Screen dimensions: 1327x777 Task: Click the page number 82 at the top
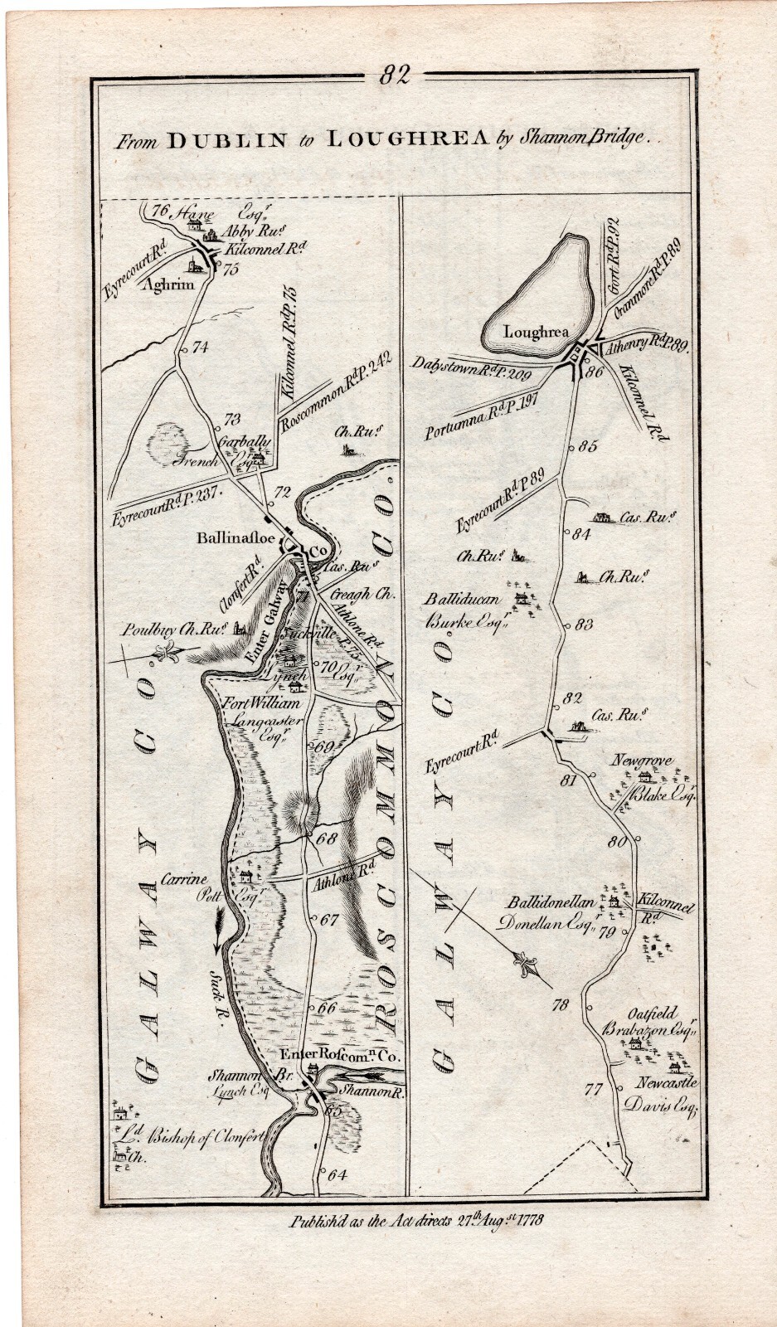[x=395, y=75]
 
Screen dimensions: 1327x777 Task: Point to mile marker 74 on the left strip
[x=199, y=348]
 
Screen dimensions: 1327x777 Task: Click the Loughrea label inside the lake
[x=536, y=332]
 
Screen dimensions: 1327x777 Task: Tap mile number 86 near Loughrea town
[x=594, y=372]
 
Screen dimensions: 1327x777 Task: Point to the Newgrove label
[x=642, y=761]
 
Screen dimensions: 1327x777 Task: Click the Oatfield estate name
[x=652, y=1013]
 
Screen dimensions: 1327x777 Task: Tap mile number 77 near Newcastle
[x=592, y=1090]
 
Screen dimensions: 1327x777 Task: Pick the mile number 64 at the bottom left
[x=336, y=1174]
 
